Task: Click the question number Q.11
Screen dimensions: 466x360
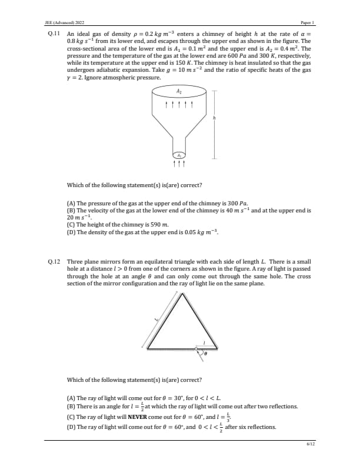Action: [53, 34]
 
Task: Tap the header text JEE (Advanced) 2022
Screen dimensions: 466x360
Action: [64, 22]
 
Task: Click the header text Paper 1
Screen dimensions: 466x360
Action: [308, 22]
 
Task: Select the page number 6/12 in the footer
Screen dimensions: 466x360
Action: [311, 444]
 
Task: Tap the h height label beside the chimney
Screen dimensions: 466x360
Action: [215, 118]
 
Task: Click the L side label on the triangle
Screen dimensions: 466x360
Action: [156, 319]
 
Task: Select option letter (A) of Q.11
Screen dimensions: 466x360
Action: [71, 202]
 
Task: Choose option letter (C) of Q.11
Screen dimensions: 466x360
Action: [71, 224]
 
